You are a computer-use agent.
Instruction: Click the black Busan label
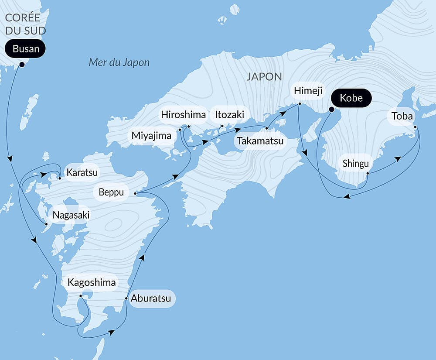coord(26,49)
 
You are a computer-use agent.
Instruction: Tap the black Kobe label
coord(351,98)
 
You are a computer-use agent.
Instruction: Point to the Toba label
coord(402,116)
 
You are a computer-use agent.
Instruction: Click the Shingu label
coord(356,164)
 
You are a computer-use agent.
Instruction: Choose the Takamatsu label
coord(260,141)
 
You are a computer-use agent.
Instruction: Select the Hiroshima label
coord(183,115)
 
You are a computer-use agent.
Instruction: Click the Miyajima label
coord(152,136)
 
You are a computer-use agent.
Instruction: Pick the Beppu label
coord(111,192)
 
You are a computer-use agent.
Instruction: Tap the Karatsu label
coord(82,172)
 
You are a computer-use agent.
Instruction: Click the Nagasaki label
coord(71,215)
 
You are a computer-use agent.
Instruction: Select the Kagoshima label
coord(92,282)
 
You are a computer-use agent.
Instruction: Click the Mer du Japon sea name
coord(119,62)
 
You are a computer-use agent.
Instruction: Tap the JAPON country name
coord(264,77)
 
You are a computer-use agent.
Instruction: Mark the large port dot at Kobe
coord(331,110)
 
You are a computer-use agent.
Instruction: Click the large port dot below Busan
coord(21,65)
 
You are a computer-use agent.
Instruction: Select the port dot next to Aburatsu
coord(126,299)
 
